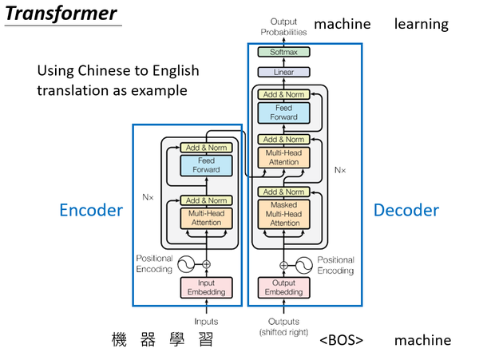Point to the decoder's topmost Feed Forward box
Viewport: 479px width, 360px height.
pyautogui.click(x=283, y=113)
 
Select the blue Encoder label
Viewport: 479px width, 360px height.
pyautogui.click(x=91, y=211)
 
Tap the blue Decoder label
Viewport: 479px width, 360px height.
pyautogui.click(x=406, y=211)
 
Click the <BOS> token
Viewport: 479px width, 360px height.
pyautogui.click(x=341, y=341)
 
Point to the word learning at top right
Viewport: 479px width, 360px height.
pyautogui.click(x=421, y=24)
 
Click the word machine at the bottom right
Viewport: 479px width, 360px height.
pyautogui.click(x=422, y=341)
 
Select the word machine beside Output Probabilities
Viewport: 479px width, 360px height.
pyautogui.click(x=342, y=24)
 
